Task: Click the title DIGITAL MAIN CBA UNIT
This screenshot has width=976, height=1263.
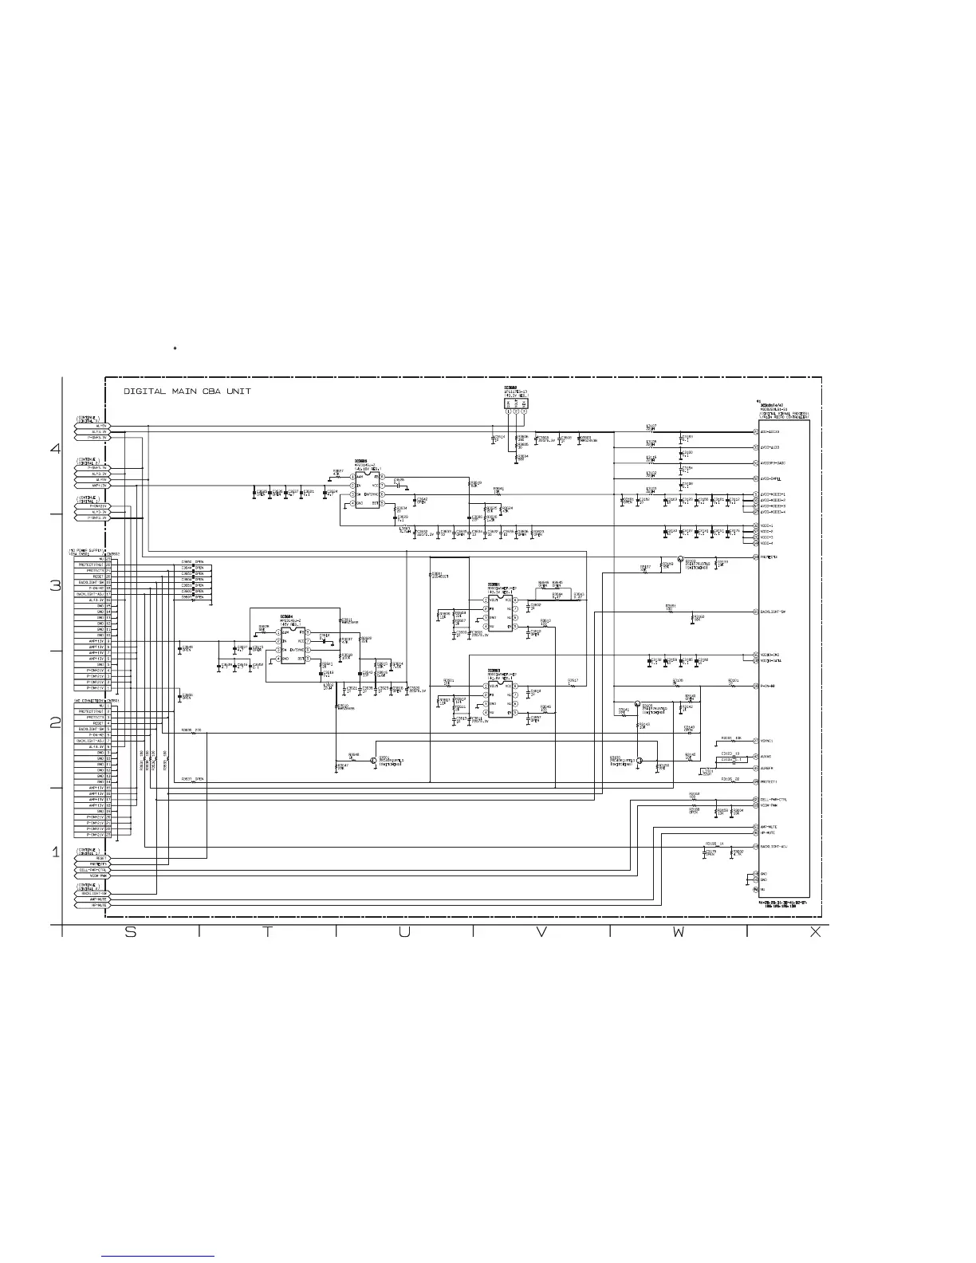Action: [187, 391]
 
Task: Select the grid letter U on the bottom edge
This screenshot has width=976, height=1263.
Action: [404, 934]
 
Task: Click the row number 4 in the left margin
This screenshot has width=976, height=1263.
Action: [55, 449]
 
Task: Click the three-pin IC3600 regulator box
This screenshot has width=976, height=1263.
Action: [516, 403]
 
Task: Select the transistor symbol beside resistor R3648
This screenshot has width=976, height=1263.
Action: [373, 761]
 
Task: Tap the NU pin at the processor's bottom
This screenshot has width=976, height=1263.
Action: [763, 888]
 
